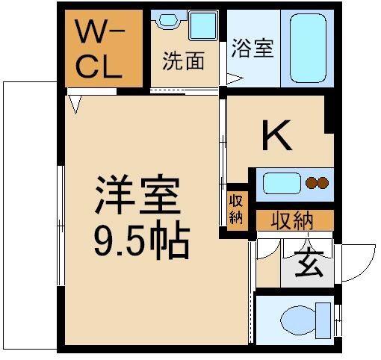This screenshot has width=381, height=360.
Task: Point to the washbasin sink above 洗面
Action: (x=202, y=25)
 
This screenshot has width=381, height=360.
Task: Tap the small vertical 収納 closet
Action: (x=236, y=208)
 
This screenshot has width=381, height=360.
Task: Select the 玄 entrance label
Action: (x=308, y=264)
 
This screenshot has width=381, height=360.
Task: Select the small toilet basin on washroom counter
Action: (x=166, y=22)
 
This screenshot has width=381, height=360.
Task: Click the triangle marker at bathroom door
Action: (x=234, y=77)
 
